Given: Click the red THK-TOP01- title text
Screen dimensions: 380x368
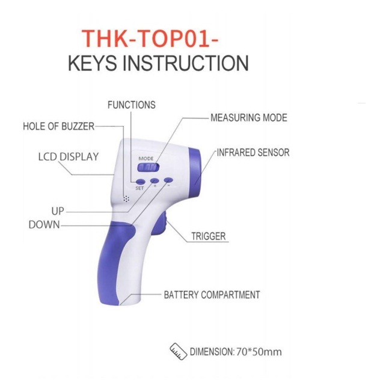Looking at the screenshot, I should [150, 37].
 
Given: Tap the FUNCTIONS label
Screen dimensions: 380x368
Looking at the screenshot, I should [131, 105].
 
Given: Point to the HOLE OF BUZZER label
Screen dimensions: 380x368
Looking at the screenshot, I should [58, 127].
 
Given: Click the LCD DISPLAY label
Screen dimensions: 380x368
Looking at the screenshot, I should [68, 157].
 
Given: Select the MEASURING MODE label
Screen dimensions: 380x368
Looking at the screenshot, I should [248, 117].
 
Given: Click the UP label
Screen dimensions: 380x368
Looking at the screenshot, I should [58, 212].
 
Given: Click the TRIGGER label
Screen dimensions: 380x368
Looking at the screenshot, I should [209, 236].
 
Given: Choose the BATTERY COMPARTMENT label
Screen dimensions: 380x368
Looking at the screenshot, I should [212, 295].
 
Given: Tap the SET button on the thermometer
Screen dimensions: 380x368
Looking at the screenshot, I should [140, 181].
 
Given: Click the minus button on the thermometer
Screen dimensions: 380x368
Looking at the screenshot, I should [168, 180].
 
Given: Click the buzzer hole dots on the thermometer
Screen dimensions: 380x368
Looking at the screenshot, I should [126, 198].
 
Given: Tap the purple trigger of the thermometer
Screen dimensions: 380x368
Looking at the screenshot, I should [160, 225].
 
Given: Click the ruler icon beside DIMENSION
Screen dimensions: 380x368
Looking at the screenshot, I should [177, 349].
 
